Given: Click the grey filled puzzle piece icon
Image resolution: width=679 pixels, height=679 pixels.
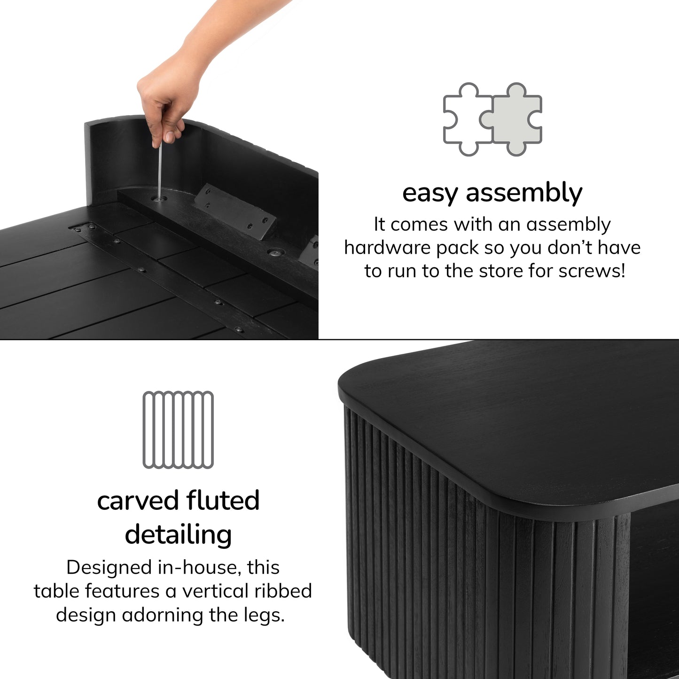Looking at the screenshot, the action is tap(513, 120).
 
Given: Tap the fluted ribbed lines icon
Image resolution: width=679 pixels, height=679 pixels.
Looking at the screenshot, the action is tap(178, 429).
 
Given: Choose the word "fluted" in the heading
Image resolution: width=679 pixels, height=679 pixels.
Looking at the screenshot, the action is tap(223, 501).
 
